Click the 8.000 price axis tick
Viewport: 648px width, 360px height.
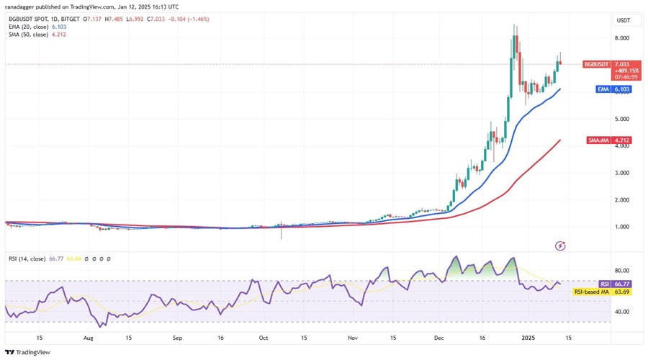click(x=622, y=37)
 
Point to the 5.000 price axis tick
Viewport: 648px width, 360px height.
click(x=622, y=119)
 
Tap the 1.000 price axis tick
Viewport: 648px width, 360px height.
click(x=622, y=227)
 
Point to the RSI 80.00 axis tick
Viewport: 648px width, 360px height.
click(x=622, y=271)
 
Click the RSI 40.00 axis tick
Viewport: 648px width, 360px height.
click(x=622, y=312)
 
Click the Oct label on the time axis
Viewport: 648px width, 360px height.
click(x=264, y=337)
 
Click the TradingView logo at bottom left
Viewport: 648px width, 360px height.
click(x=29, y=352)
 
